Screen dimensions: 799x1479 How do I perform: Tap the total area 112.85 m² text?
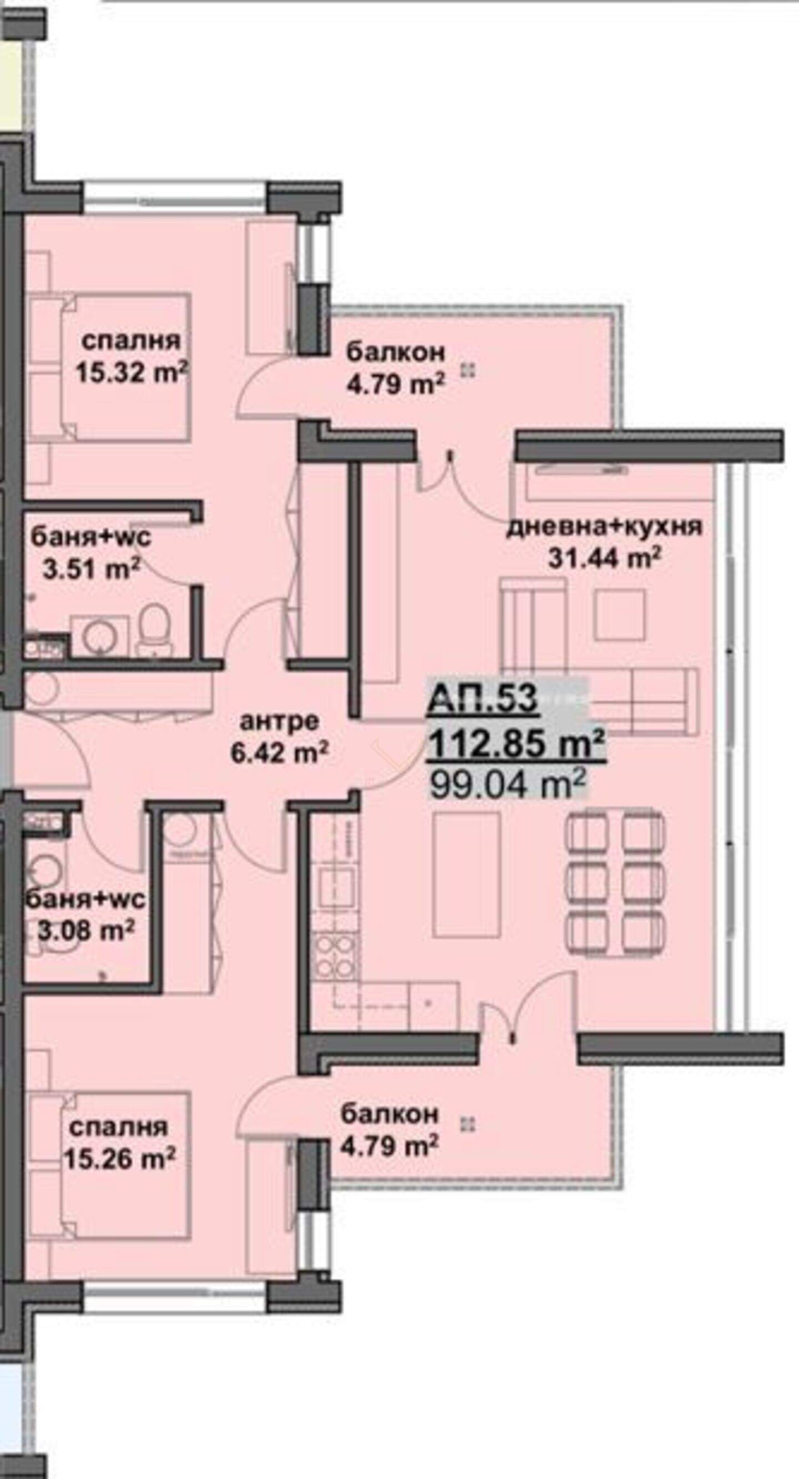click(516, 745)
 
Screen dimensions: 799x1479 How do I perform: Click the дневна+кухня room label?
click(604, 526)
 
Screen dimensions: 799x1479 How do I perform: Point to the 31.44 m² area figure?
click(604, 557)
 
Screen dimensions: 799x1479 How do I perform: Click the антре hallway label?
click(279, 722)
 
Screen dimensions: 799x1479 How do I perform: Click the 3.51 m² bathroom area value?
click(92, 570)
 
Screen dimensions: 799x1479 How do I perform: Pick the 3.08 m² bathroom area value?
click(86, 929)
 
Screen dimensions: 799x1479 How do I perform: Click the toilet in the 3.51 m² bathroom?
click(153, 627)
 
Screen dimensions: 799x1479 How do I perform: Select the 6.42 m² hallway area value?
click(279, 753)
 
